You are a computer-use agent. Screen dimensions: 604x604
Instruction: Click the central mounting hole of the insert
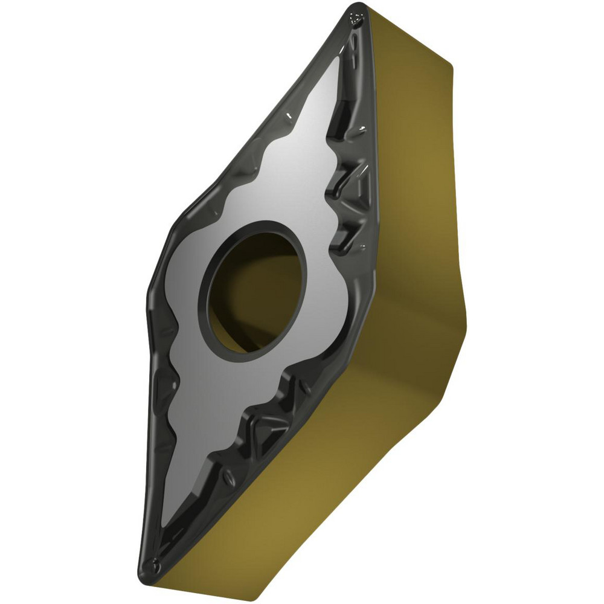click(x=257, y=290)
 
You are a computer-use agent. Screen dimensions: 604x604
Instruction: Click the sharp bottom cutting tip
click(x=153, y=574)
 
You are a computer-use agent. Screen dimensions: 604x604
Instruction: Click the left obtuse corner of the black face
click(x=149, y=296)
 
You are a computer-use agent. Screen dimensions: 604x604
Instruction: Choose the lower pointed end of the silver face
click(x=166, y=519)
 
